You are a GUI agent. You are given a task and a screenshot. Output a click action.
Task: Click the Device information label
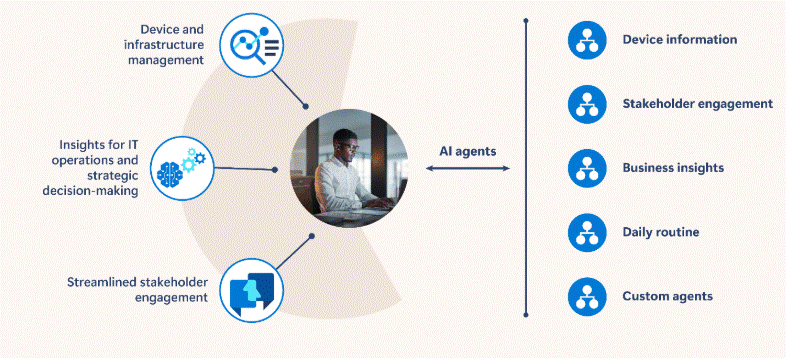tap(679, 40)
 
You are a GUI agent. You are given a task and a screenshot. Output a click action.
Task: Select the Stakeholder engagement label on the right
tap(697, 103)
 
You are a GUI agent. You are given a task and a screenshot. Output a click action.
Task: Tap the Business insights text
tap(673, 168)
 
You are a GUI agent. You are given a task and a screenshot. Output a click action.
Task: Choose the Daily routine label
tap(660, 232)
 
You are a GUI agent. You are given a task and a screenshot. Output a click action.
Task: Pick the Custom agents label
tap(668, 296)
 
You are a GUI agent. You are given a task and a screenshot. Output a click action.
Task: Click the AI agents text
tap(468, 152)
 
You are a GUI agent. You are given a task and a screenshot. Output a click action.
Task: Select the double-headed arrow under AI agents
tap(468, 169)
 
